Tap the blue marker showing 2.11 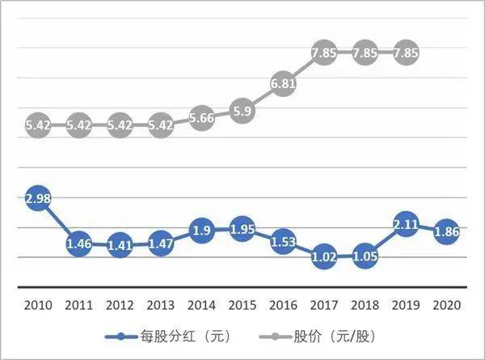pos(404,225)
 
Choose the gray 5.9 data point pos(241,112)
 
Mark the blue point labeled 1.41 pos(119,246)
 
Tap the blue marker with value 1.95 pos(241,230)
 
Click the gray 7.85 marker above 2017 pos(323,53)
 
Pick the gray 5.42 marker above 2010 pos(38,126)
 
